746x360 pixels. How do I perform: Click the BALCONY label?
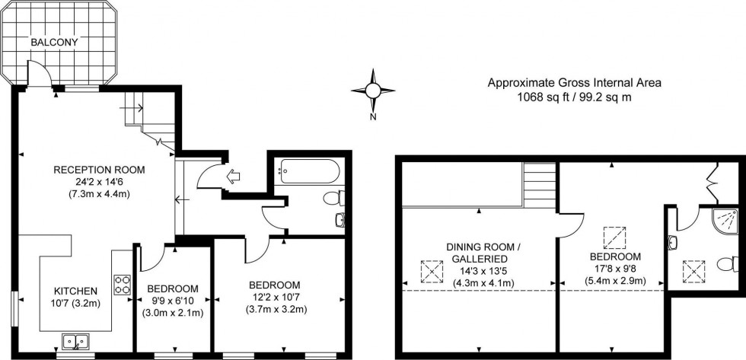(53, 43)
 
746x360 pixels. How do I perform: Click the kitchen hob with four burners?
(123, 285)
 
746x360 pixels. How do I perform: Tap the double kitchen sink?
(74, 340)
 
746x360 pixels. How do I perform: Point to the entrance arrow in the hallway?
(234, 176)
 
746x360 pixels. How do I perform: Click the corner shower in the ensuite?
(726, 221)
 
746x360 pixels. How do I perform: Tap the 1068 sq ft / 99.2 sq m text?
(575, 97)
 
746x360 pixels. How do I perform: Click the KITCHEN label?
(75, 291)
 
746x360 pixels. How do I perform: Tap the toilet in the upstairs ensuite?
(728, 264)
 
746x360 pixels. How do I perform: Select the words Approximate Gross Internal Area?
(575, 82)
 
